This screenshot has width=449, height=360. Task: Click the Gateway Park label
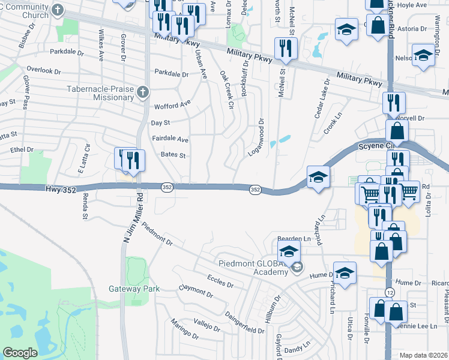(x=134, y=289)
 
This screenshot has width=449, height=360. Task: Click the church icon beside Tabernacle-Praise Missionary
(x=142, y=92)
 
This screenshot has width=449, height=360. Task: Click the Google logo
(x=20, y=353)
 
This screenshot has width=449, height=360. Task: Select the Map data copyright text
(x=424, y=355)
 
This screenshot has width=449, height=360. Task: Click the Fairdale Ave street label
(x=170, y=140)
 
